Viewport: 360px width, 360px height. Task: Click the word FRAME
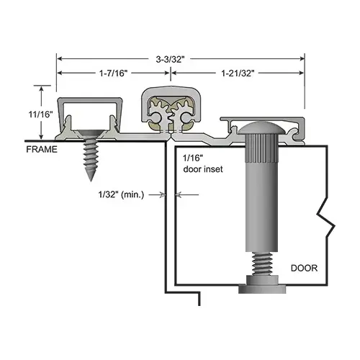40,150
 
